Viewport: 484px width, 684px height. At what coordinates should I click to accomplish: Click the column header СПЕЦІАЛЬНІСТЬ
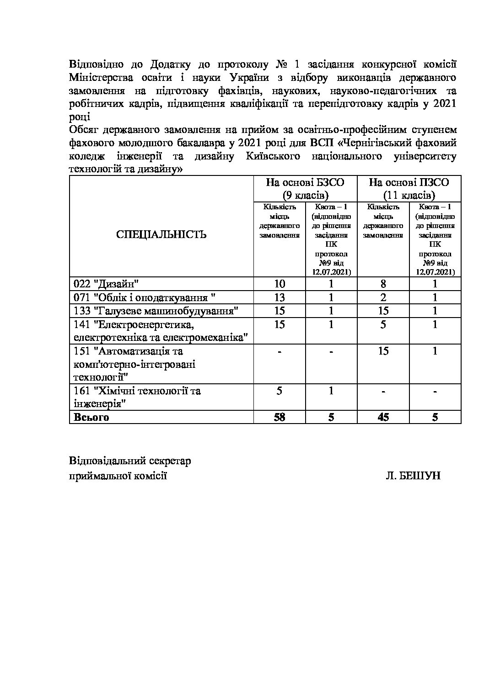tap(161, 235)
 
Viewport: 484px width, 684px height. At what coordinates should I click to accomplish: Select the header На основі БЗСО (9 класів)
tap(305, 189)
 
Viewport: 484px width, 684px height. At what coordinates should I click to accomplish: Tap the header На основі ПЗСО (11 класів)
tap(409, 189)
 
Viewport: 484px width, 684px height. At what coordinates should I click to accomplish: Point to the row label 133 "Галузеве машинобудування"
tap(156, 311)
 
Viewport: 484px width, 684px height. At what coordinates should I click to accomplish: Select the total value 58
tap(279, 417)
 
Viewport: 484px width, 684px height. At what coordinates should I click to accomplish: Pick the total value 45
tap(383, 417)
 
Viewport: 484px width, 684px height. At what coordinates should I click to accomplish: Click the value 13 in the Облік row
tap(279, 297)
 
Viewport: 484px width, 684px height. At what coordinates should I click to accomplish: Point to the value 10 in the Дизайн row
tap(279, 284)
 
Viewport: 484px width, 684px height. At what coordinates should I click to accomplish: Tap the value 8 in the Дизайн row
tap(383, 284)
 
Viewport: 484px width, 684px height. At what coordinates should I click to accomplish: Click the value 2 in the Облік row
tap(383, 297)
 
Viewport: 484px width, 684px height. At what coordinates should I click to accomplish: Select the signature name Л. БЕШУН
tap(413, 476)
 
